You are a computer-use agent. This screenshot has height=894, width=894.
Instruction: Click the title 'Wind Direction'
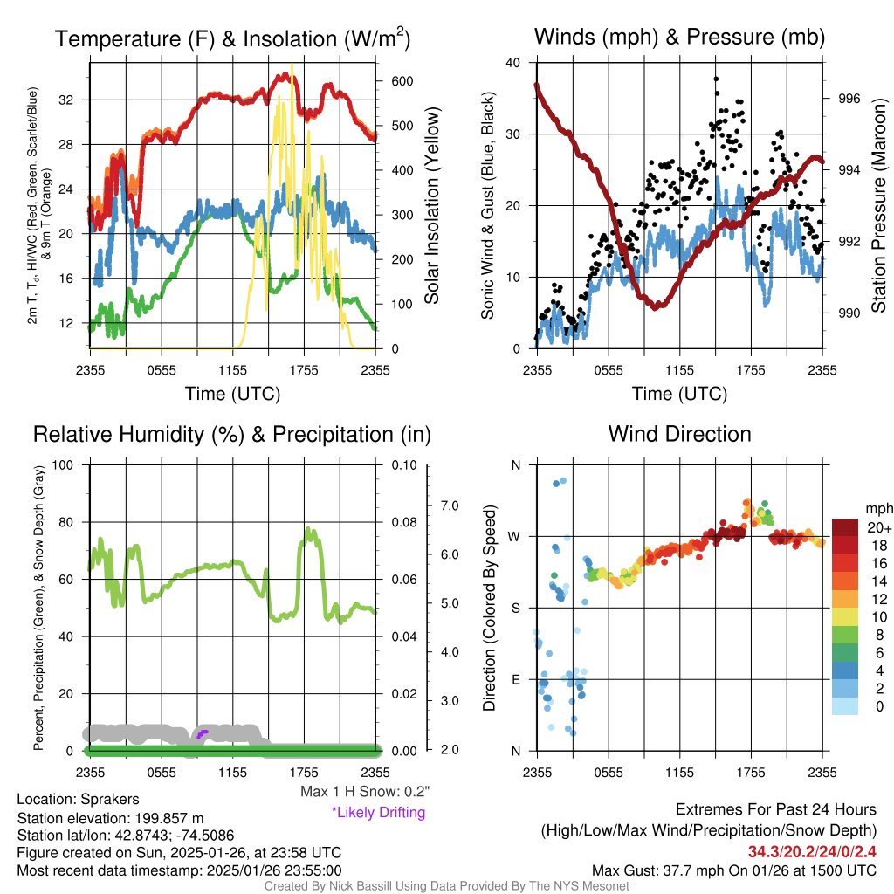[679, 434]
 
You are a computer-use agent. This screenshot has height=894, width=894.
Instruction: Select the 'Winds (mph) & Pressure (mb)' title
[679, 37]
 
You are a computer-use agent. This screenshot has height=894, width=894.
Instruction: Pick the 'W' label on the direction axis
[515, 536]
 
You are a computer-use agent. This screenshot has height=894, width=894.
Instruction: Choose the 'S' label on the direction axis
[515, 608]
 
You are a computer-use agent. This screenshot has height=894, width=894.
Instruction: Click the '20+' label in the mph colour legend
[877, 528]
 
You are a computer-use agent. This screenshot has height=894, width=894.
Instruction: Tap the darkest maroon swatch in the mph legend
[845, 527]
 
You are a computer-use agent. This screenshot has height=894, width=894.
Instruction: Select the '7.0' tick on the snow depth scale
[450, 505]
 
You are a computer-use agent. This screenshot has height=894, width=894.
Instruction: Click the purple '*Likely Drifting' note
[378, 813]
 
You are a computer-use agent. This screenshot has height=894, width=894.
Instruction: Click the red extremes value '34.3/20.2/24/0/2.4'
[812, 851]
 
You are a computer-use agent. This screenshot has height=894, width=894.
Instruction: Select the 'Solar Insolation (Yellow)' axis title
[431, 206]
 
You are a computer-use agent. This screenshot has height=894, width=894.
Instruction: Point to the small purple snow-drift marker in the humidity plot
[203, 733]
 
